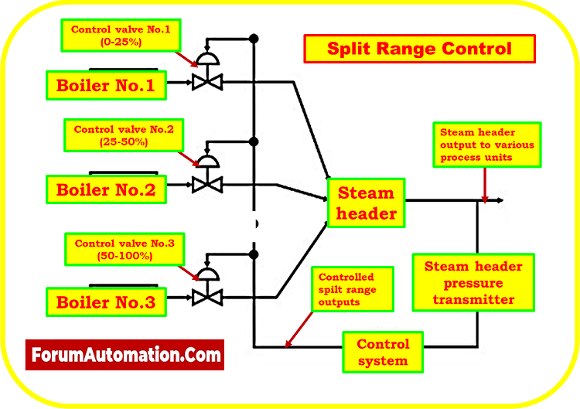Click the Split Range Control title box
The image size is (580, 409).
tap(419, 49)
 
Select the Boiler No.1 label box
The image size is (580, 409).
tap(106, 85)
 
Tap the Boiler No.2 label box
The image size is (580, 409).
tap(106, 189)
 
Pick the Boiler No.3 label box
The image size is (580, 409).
tap(106, 302)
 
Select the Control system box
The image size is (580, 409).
tap(382, 352)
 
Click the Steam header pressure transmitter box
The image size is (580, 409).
tap(473, 282)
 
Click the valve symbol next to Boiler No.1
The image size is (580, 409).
tap(206, 80)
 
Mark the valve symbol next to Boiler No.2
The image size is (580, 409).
tap(206, 184)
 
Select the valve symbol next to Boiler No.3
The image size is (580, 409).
tap(206, 295)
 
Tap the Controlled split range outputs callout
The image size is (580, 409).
tap(346, 289)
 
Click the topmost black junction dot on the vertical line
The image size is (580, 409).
tap(253, 38)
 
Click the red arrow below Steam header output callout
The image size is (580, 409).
tap(484, 186)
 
